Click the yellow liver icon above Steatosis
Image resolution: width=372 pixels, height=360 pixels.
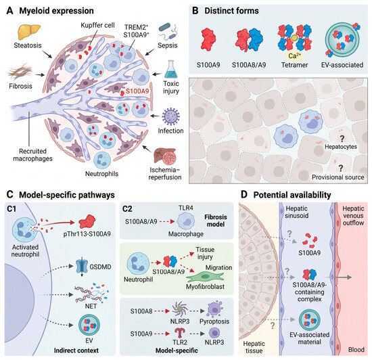(x=29, y=32)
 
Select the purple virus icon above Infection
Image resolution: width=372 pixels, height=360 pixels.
(x=171, y=116)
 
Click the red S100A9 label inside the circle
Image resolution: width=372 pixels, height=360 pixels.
(x=137, y=91)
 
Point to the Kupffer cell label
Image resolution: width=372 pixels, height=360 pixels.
(x=97, y=25)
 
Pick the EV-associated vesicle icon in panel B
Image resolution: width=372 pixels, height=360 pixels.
(x=342, y=40)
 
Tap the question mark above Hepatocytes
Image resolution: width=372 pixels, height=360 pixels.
(x=342, y=139)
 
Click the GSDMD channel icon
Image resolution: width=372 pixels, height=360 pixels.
(x=82, y=267)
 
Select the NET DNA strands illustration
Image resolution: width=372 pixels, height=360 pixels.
(x=91, y=293)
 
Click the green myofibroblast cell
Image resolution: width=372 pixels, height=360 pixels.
(x=205, y=277)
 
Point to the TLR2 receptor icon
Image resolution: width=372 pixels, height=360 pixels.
(x=180, y=333)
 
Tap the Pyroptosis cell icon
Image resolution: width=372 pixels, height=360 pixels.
(x=214, y=309)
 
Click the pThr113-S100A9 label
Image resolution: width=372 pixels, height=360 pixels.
(x=87, y=234)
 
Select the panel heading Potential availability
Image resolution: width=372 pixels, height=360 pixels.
(x=292, y=195)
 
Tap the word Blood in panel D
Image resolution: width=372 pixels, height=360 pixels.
(x=356, y=350)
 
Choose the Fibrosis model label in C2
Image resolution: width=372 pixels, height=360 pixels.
(x=216, y=221)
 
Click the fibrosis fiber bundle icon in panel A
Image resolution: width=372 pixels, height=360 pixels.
(x=20, y=72)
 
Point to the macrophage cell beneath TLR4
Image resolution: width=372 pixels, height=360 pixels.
(x=186, y=221)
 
